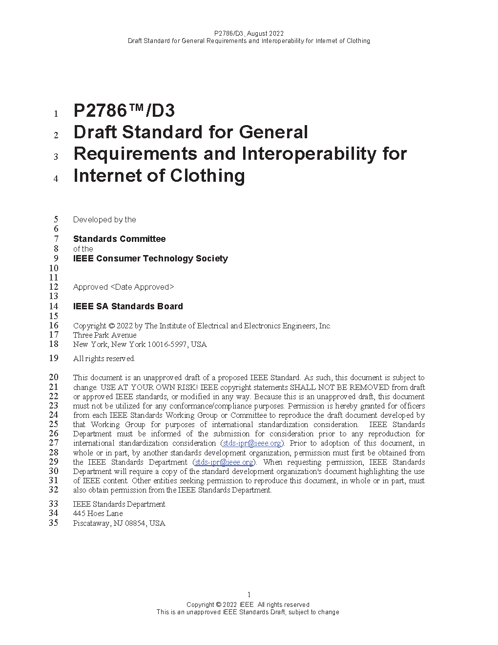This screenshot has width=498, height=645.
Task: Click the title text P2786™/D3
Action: [x=124, y=111]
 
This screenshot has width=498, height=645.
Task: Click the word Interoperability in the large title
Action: [x=309, y=154]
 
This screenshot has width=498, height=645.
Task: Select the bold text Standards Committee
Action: [x=119, y=239]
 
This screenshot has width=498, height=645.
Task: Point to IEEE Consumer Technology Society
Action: [x=150, y=258]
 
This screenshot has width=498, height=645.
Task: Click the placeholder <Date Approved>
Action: [x=142, y=287]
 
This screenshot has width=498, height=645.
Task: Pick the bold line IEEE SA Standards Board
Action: [x=128, y=306]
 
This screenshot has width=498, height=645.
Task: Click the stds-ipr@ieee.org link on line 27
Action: [x=252, y=443]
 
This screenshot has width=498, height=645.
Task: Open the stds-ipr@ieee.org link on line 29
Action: [x=224, y=462]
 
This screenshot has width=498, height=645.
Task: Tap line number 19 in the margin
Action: [x=54, y=358]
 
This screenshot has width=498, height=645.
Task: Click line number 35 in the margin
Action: [x=54, y=523]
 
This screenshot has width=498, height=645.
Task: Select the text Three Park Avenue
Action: [x=105, y=335]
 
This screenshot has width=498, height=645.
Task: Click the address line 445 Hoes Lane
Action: [x=98, y=514]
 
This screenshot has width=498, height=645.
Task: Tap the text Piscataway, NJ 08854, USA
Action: [x=119, y=523]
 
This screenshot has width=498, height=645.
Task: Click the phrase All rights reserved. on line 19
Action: [x=104, y=359]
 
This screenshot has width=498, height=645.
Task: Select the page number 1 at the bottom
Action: [x=249, y=595]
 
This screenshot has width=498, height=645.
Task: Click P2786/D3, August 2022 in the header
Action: [x=249, y=34]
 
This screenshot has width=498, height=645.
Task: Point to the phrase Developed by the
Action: [x=104, y=220]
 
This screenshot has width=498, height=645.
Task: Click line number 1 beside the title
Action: [x=56, y=114]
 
